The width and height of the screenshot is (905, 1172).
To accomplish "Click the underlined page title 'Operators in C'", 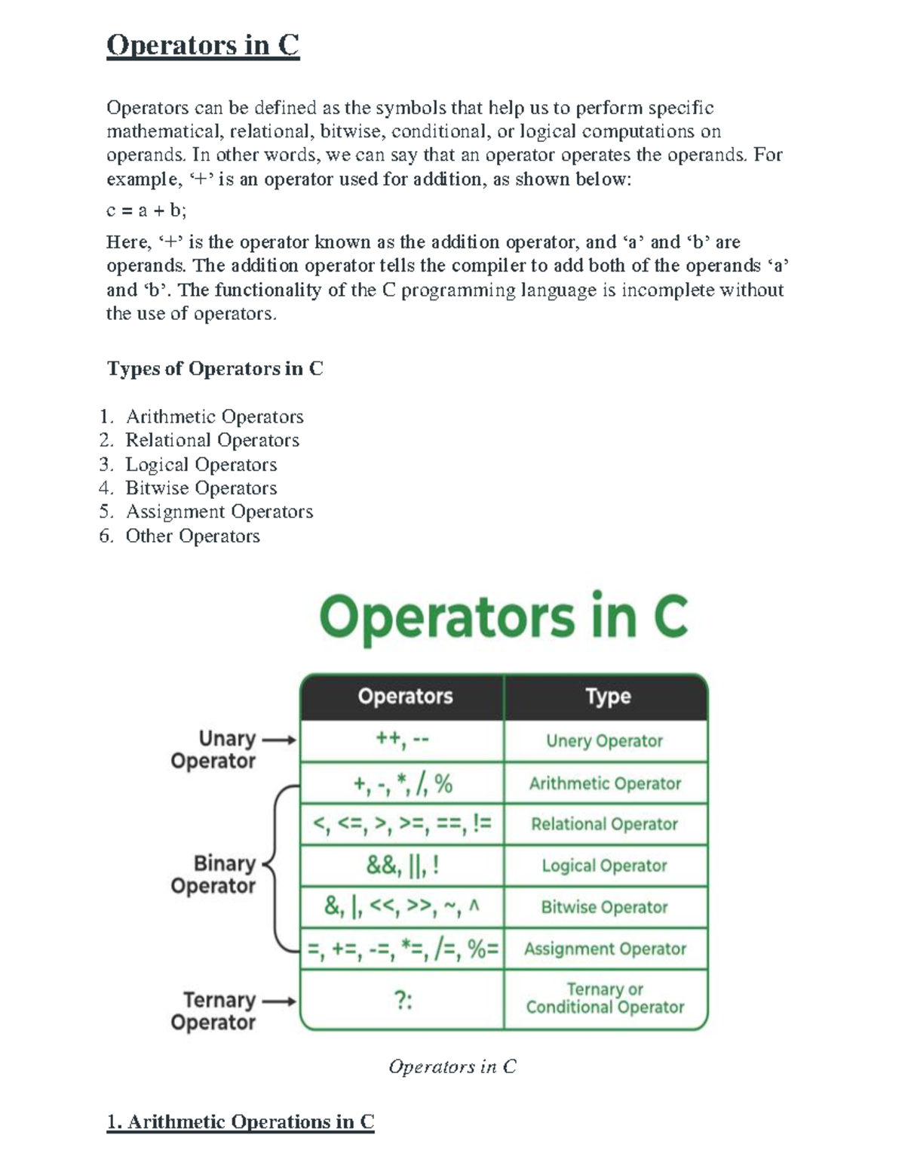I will click(x=203, y=45).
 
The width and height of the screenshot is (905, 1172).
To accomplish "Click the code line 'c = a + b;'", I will click(x=146, y=211).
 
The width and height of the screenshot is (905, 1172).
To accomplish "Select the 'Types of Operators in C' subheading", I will click(x=215, y=368).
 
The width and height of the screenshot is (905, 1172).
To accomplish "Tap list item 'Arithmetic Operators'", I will click(x=214, y=417).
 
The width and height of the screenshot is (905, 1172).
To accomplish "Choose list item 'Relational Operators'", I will click(x=212, y=440).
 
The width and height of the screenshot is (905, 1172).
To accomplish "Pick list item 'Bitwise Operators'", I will click(x=201, y=488).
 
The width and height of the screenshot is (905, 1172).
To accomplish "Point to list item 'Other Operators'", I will click(x=192, y=536).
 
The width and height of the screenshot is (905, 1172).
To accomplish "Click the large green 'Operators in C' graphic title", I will click(x=503, y=617).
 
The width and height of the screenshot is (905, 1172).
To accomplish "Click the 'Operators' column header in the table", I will click(x=405, y=697).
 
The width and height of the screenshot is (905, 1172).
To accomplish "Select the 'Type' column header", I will click(x=608, y=697).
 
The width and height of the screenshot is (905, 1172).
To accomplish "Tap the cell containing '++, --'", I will click(x=403, y=740).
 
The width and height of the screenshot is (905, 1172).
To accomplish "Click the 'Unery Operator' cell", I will click(x=605, y=741).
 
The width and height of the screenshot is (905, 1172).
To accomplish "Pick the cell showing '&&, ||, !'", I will click(x=403, y=866).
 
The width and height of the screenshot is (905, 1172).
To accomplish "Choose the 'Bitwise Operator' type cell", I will click(x=605, y=907).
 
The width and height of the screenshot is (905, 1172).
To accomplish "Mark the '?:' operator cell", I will click(x=403, y=1000).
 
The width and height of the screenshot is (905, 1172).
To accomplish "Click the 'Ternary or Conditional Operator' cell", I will click(x=605, y=998).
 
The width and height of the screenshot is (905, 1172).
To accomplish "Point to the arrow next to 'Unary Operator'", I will click(x=278, y=740).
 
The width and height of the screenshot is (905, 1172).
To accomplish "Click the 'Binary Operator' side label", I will click(x=213, y=874).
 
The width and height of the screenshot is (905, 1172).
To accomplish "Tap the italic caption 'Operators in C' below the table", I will click(x=452, y=1066).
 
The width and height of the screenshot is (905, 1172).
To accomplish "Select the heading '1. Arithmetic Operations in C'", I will click(x=241, y=1122).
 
